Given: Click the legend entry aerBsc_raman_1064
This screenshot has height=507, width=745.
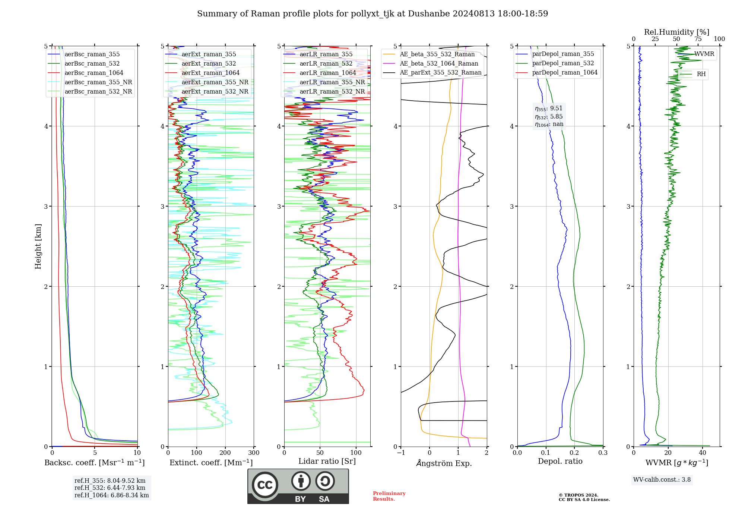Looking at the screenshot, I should coord(93,73).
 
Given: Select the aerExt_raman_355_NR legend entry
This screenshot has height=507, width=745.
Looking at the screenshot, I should coord(215,82).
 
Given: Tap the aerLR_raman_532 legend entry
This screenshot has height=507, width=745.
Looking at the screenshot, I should coord(326,63).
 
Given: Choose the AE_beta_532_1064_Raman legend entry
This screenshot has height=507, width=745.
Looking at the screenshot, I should coord(438,63).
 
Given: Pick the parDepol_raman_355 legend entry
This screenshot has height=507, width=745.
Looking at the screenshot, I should coord(562,54).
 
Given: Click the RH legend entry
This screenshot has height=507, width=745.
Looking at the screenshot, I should coord(701,74).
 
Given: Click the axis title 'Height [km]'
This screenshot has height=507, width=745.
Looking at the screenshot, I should coord(38,246).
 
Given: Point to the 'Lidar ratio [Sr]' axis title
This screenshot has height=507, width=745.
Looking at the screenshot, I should coord(327,461).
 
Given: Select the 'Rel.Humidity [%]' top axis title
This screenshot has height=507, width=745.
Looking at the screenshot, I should coord(676,32).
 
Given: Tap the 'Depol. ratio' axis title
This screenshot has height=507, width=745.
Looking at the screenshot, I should coord(560,461).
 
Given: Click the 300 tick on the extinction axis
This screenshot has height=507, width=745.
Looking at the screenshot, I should coord(254,453).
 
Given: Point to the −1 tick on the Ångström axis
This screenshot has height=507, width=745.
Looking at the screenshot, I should coord(401,453).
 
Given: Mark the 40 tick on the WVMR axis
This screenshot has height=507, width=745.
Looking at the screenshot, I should coord(703,453).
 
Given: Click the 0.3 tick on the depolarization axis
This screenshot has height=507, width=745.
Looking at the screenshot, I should coord(603,453).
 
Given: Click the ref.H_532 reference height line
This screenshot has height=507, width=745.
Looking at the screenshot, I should coord(110,488).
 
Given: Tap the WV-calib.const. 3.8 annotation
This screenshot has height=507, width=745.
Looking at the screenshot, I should coord(662,480).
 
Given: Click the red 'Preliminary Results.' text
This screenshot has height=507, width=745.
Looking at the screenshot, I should coord(389,496).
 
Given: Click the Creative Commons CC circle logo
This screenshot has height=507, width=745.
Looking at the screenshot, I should coord(265,485).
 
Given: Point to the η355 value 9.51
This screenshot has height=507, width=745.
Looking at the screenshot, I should coord(556,108).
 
